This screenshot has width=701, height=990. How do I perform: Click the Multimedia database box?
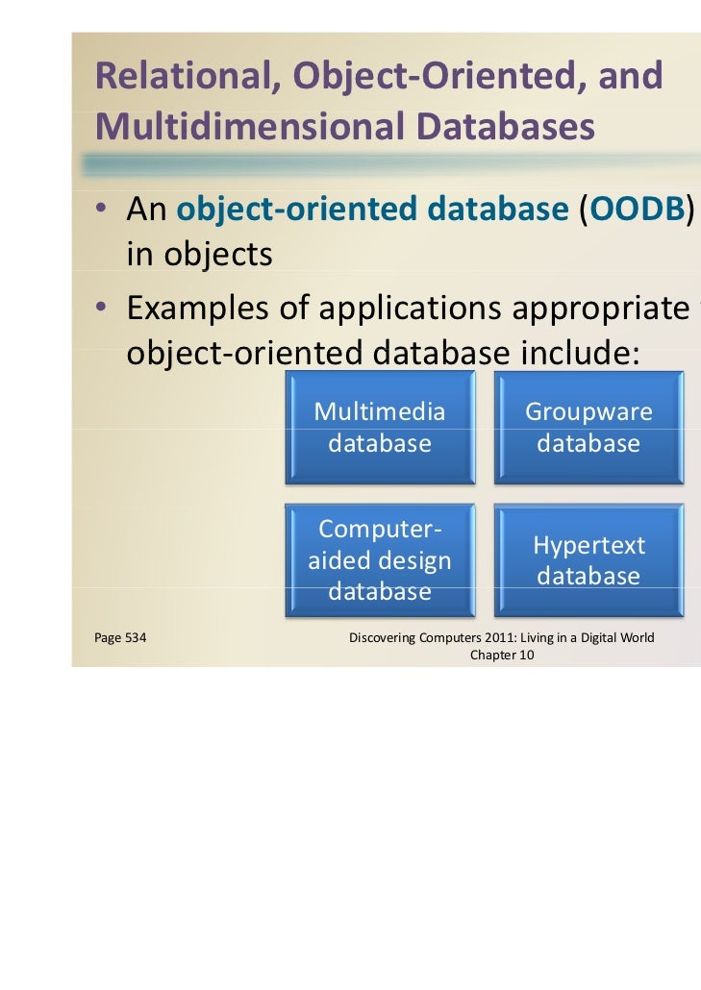coord(380,428)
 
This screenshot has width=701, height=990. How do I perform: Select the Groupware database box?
coord(588,428)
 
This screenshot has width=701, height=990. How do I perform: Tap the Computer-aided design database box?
coord(380,561)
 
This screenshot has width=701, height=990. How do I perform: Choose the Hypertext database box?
coord(588,561)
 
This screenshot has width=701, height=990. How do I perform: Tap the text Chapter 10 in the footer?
coord(501,656)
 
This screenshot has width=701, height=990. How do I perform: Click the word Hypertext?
coord(588,546)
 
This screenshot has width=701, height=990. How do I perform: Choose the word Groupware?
coord(588,412)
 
